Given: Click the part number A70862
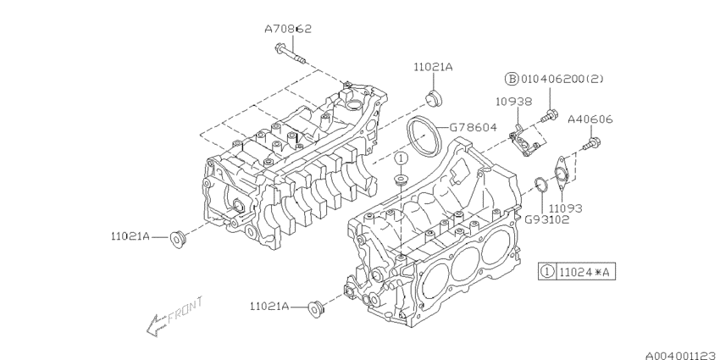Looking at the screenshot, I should [288, 29].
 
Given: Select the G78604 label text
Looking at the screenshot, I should [473, 127].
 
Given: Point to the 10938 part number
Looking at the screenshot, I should [513, 102].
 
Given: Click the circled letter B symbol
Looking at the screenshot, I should [512, 79].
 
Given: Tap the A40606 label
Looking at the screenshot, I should [590, 120].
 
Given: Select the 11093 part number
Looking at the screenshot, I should [566, 207].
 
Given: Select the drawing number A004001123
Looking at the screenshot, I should [674, 347].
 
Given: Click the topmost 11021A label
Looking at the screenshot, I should [434, 66].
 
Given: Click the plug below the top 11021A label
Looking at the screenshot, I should [434, 97].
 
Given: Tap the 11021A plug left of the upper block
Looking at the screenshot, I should [177, 238].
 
